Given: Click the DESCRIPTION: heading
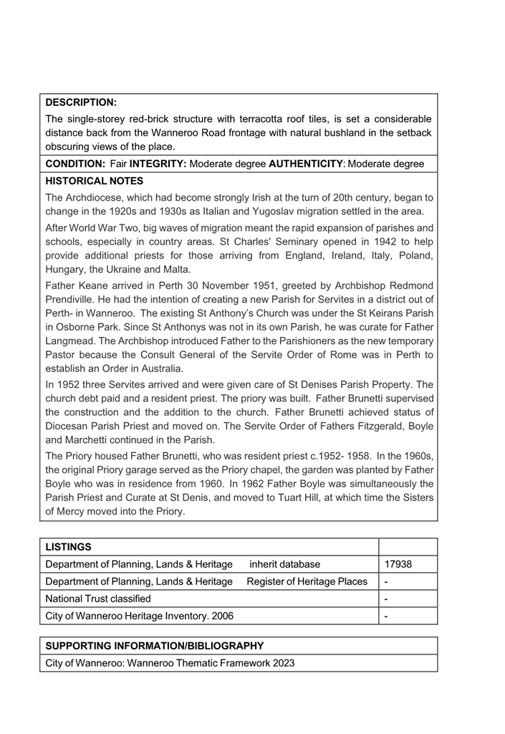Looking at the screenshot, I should (x=81, y=103).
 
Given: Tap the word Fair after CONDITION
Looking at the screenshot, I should (x=119, y=164).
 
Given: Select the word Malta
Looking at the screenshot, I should (x=175, y=270).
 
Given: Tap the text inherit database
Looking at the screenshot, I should (x=285, y=564).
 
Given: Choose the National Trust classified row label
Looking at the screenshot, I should (x=98, y=599).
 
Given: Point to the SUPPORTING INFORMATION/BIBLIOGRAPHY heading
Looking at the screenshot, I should (x=155, y=646).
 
